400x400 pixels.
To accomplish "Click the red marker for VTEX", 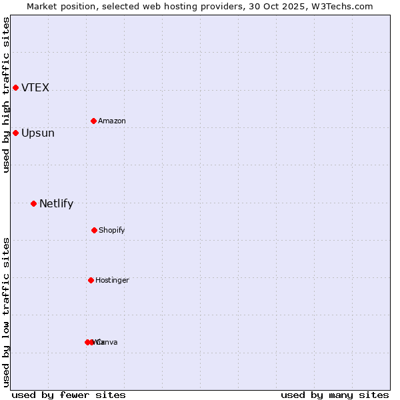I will point(15,88).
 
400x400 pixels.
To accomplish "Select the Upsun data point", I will point(15,133).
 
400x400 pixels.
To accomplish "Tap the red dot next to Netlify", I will point(33,203).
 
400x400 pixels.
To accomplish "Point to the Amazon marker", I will point(93,121).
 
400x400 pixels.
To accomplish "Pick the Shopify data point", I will point(94,230).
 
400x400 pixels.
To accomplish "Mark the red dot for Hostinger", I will point(91,280).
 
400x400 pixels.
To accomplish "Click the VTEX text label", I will point(35,88).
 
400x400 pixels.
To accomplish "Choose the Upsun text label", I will point(38,133).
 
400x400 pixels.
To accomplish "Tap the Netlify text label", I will point(56,204).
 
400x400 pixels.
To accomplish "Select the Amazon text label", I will point(112,121).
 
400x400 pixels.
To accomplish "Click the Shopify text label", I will point(112,231).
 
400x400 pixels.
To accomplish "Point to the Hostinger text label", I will point(112,281).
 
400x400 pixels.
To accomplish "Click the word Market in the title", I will point(43,7).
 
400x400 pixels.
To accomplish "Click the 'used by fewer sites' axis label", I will point(69,395).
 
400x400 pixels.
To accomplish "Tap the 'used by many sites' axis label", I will point(335,395).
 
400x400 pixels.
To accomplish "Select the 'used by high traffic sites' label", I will point(6,95).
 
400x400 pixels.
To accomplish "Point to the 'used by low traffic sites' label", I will point(6,312).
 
